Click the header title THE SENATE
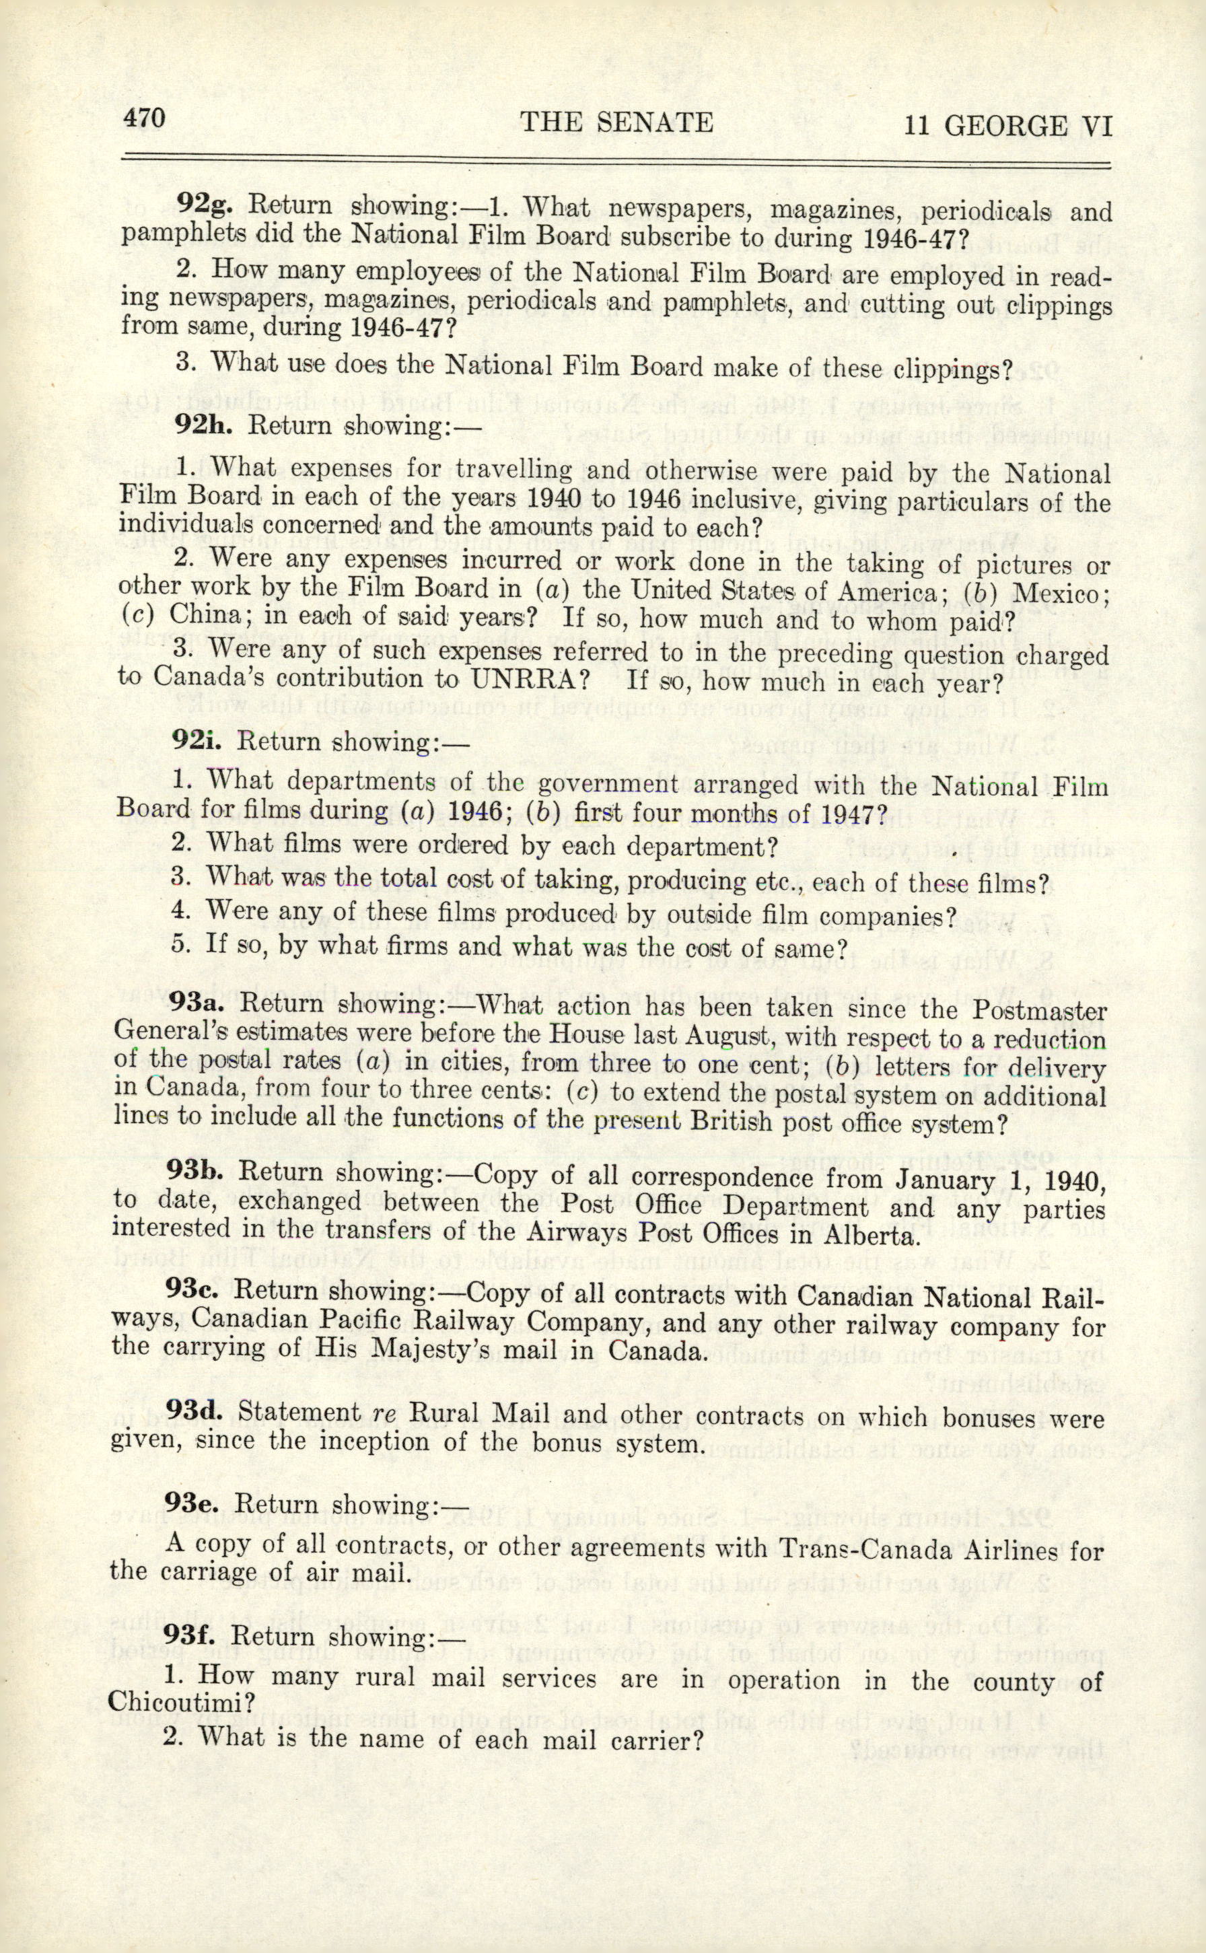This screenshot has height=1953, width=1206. click(616, 122)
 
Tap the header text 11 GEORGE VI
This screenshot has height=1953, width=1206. click(1007, 127)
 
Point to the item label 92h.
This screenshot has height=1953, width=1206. click(204, 423)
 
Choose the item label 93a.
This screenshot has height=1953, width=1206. click(197, 1003)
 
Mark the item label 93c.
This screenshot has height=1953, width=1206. click(193, 1290)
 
